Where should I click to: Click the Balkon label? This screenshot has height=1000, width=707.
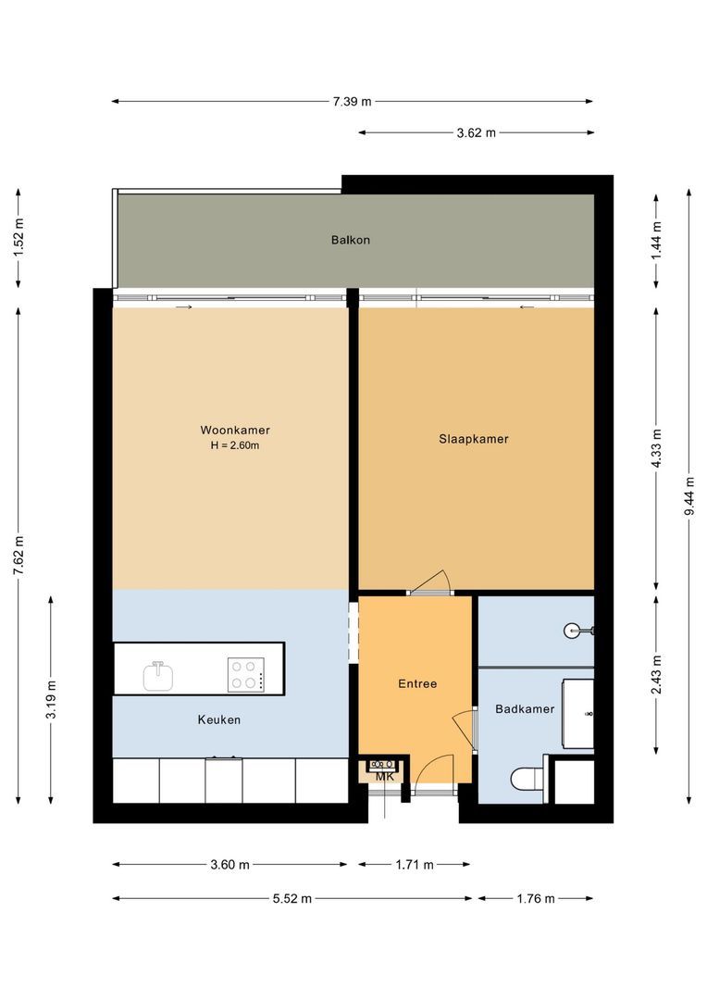[x=351, y=240]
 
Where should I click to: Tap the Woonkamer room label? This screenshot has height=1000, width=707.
[x=234, y=430]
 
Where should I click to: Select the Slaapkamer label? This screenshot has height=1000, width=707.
[x=474, y=439]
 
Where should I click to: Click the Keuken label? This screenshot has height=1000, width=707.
[x=219, y=719]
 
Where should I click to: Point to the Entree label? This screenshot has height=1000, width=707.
[x=417, y=684]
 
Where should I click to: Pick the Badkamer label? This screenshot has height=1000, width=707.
[x=525, y=709]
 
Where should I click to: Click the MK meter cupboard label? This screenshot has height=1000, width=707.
[x=385, y=777]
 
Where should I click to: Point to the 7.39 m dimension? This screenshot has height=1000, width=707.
[x=352, y=102]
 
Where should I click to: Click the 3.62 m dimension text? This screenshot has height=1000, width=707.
[x=477, y=132]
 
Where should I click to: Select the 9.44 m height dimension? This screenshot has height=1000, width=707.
[x=688, y=495]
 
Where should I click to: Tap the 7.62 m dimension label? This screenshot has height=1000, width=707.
[x=18, y=556]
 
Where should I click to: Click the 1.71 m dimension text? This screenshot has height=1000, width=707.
[x=414, y=865]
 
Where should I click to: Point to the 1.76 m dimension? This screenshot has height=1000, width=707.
[x=536, y=898]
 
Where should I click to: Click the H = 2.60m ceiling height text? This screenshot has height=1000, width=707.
[x=235, y=445]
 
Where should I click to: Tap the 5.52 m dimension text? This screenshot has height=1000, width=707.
[x=292, y=898]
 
